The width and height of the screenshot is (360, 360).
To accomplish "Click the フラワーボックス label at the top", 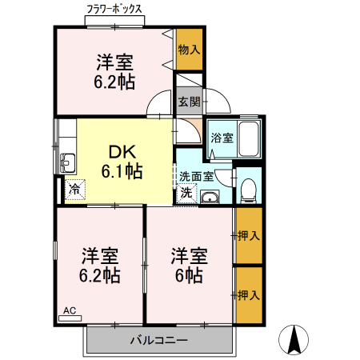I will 114,10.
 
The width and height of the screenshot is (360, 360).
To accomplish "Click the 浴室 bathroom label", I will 221,138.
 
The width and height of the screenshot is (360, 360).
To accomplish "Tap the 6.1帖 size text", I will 122,172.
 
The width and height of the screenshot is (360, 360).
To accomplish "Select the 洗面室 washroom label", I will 196,177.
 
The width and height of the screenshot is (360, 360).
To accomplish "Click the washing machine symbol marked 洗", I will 186,192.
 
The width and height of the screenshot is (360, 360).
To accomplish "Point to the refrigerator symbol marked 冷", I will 74,190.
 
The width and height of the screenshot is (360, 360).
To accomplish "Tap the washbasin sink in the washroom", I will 210,198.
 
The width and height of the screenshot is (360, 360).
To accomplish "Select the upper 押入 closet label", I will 249,235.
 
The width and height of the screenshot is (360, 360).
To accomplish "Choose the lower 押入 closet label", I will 249,295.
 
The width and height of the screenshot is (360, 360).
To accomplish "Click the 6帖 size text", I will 189,277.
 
